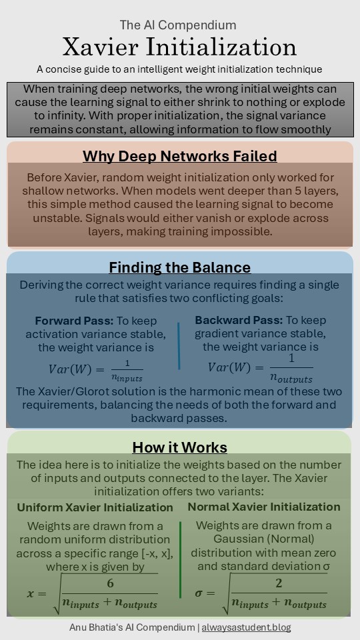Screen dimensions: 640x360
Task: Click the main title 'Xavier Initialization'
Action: tap(179, 47)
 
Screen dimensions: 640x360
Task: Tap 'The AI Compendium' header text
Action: tap(178, 25)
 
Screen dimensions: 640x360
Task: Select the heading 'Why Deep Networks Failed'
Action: tap(180, 157)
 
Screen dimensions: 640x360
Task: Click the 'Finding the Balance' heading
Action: tap(180, 267)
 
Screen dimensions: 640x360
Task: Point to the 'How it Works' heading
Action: tap(179, 447)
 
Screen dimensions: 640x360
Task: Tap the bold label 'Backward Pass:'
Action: tap(239, 321)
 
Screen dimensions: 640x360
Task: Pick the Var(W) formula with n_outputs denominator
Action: tap(260, 368)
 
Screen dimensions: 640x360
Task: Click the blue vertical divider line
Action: tap(179, 345)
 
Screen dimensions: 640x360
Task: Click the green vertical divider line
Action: tap(180, 560)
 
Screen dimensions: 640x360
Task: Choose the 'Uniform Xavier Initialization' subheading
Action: tap(95, 507)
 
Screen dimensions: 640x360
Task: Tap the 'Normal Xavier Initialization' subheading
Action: tap(264, 507)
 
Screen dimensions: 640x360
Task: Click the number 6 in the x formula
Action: tap(110, 583)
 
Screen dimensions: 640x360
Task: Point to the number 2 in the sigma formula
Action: tap(279, 583)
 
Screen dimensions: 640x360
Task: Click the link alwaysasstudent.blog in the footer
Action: tap(246, 627)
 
